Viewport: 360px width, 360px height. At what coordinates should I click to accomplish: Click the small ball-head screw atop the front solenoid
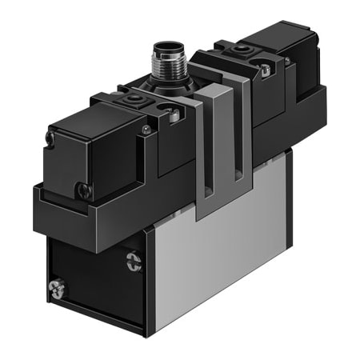pyautogui.click(x=145, y=129)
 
